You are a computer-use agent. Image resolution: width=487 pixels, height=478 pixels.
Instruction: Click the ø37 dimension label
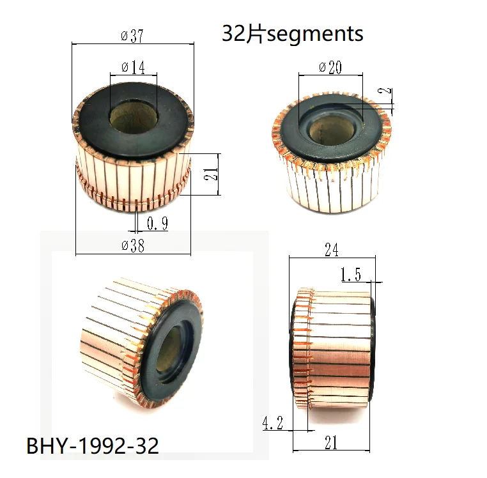(x=132, y=36)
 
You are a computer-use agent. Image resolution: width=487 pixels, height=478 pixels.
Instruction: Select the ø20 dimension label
(x=330, y=67)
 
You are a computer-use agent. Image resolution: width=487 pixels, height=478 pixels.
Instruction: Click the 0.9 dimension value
(x=157, y=224)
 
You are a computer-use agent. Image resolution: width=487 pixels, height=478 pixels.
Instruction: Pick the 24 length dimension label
(x=331, y=250)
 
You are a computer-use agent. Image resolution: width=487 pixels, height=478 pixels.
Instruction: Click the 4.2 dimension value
(x=274, y=422)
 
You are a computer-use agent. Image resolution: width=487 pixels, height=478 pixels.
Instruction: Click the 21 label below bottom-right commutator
(x=331, y=442)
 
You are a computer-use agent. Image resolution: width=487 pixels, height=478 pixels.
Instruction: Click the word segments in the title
(x=315, y=33)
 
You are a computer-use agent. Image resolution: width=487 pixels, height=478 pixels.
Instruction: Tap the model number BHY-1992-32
(x=92, y=445)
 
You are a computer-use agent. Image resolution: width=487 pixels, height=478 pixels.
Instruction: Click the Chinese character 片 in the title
(x=255, y=33)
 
